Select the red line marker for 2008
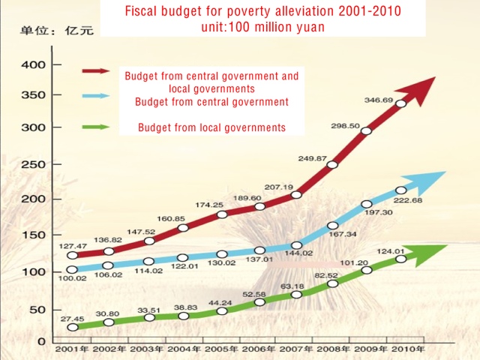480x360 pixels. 332,165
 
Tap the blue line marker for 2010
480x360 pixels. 400,190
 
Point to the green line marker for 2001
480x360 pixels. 72,327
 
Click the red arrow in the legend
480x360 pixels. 96,71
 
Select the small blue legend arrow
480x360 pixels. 96,95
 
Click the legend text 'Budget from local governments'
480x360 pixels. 211,127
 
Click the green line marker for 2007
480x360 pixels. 296,294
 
